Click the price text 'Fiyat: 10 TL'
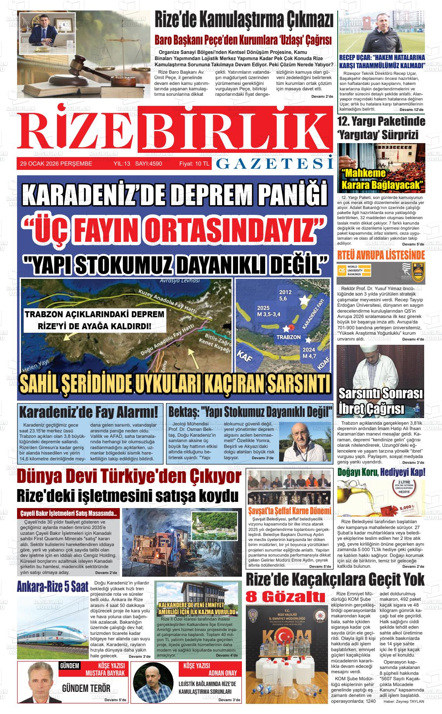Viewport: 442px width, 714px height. coord(194,164)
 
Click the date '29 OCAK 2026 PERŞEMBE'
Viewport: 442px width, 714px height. coord(56,164)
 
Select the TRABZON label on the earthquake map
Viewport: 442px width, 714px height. coord(288,337)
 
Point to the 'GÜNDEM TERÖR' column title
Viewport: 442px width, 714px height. coord(86,689)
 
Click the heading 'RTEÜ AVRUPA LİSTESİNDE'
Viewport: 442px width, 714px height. coord(381,255)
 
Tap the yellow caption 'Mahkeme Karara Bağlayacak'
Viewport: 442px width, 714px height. coord(381,179)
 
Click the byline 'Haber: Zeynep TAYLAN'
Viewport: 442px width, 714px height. coord(403,712)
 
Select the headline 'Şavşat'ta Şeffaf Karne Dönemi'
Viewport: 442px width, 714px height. coord(290,510)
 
